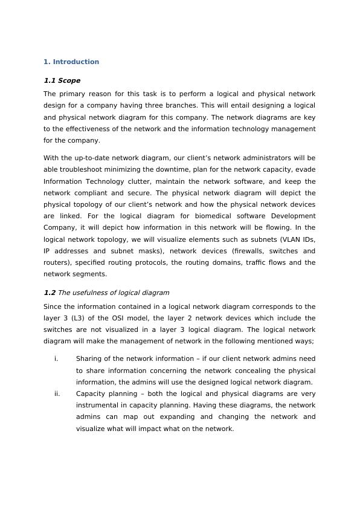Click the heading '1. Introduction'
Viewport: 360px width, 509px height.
(x=71, y=62)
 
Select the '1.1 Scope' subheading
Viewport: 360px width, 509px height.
(x=62, y=80)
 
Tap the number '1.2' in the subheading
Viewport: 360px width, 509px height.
(x=50, y=293)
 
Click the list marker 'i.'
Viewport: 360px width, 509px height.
(x=56, y=358)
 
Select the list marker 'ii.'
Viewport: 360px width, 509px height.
(x=57, y=394)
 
